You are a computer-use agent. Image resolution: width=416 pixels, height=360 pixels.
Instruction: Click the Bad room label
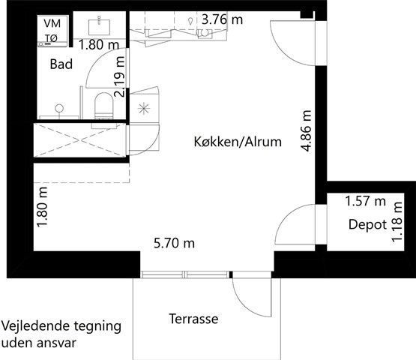click(61, 64)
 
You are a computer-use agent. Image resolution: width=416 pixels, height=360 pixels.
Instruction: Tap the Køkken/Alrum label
click(238, 142)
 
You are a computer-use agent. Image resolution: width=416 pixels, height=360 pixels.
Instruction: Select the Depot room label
click(367, 224)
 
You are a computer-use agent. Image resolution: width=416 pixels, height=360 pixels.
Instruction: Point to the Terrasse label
click(193, 319)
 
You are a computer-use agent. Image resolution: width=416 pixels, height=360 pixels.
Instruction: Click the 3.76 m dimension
click(222, 19)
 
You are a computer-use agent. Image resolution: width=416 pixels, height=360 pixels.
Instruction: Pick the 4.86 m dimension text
click(307, 131)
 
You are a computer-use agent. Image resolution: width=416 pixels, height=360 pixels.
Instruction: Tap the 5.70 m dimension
click(174, 243)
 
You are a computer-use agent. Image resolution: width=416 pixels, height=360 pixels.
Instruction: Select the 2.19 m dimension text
click(119, 76)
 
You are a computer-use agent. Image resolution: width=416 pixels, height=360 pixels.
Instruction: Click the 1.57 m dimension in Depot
click(365, 201)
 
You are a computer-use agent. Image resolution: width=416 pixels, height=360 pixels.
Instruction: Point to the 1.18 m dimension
click(397, 223)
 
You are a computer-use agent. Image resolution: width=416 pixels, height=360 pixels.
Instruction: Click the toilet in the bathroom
click(104, 106)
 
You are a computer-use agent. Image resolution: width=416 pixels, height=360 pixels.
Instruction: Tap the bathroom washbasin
click(99, 26)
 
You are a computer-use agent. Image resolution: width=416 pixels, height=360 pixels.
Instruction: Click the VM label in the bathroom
click(52, 24)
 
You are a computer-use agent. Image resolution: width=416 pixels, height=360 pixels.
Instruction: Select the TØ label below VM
click(51, 38)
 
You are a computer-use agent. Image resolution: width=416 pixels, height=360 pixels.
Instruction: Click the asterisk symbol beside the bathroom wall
click(144, 108)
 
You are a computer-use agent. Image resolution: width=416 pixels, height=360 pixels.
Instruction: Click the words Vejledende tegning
click(61, 326)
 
